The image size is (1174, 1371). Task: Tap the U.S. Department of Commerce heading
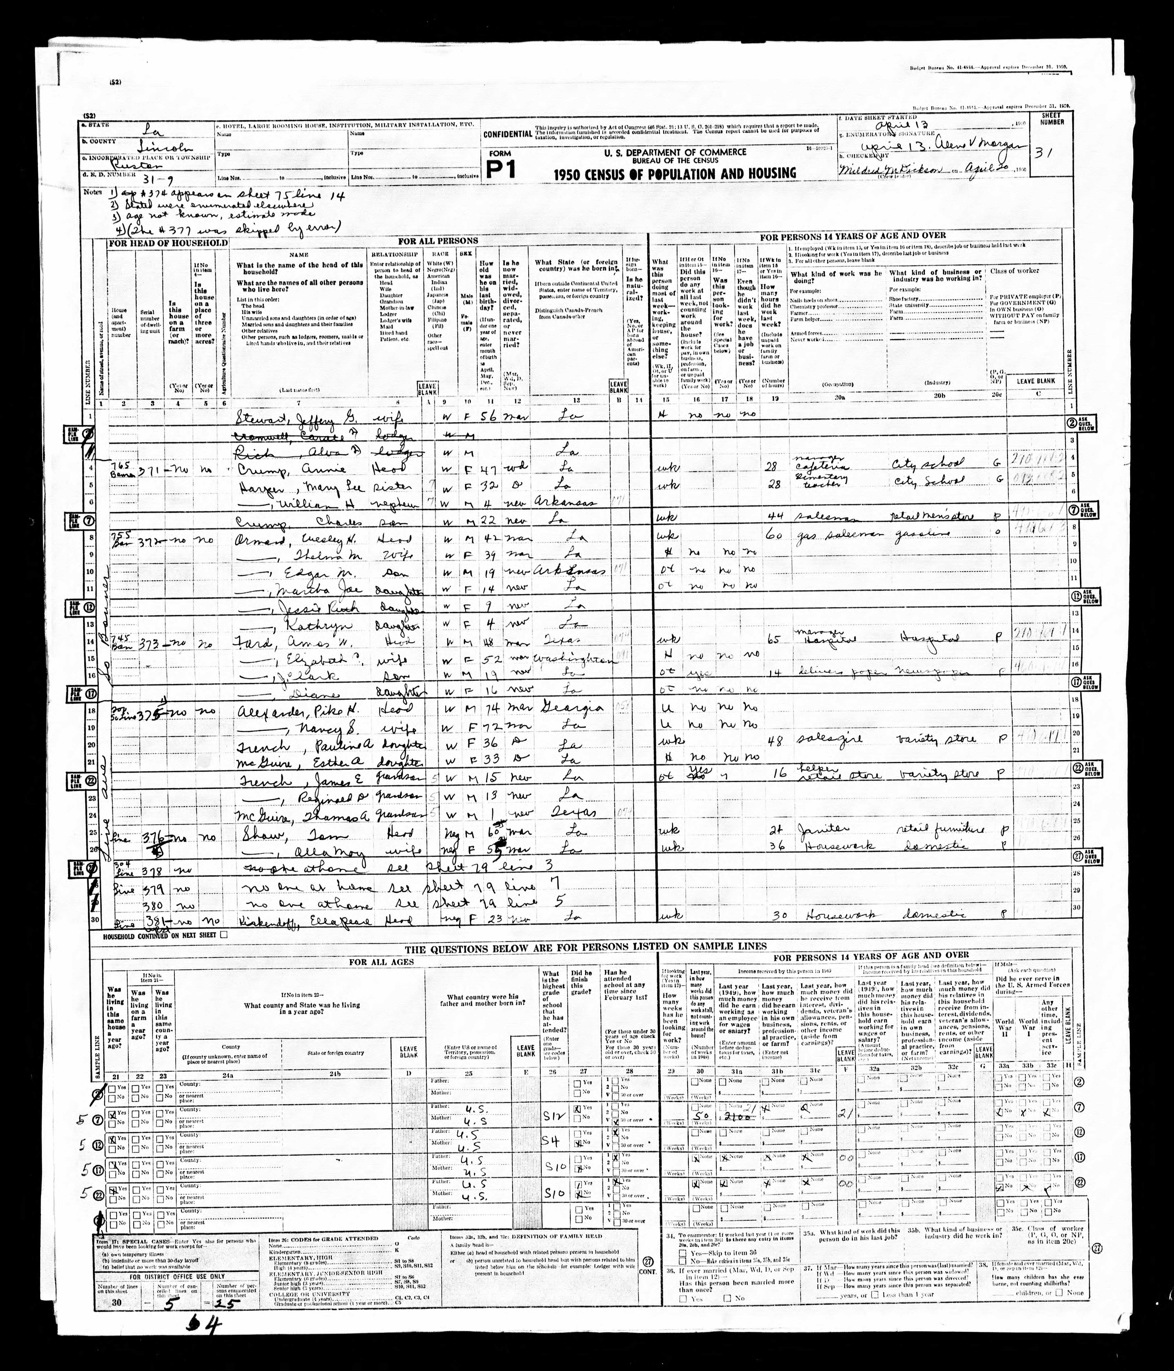675,151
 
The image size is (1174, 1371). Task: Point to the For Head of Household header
168,243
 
